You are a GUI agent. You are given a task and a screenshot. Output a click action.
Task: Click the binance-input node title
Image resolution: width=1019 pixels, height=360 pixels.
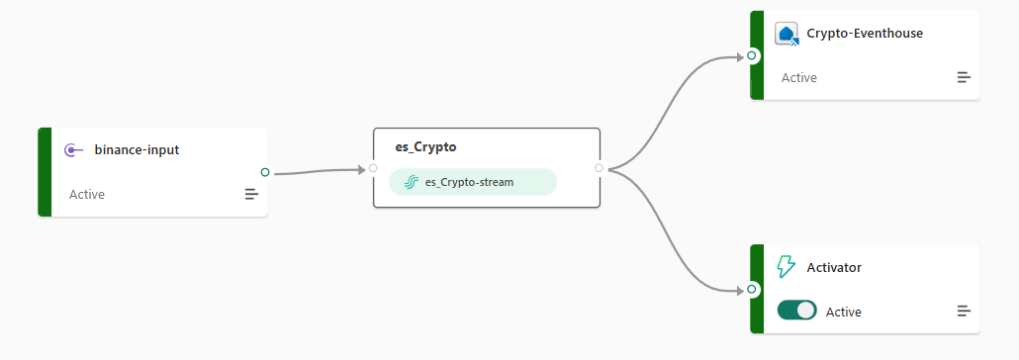pyautogui.click(x=138, y=150)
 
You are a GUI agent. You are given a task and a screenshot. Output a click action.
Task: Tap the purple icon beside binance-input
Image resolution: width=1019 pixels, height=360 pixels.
pyautogui.click(x=74, y=150)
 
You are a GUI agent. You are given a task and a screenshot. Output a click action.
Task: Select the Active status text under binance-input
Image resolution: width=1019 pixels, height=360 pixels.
pyautogui.click(x=87, y=194)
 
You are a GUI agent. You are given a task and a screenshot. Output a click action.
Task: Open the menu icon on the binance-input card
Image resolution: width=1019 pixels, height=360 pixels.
pyautogui.click(x=251, y=194)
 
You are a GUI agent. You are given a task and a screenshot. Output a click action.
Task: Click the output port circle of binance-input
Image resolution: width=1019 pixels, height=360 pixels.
pyautogui.click(x=264, y=172)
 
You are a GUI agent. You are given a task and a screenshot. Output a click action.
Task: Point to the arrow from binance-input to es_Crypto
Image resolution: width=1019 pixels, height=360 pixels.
pyautogui.click(x=318, y=171)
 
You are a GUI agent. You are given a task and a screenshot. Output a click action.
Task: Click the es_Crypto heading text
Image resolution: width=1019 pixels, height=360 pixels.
pyautogui.click(x=425, y=147)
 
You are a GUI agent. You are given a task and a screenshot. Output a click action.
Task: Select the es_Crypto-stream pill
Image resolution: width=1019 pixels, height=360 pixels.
pyautogui.click(x=473, y=182)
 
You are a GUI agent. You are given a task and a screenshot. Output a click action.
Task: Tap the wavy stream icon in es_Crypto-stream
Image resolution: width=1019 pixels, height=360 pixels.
pyautogui.click(x=411, y=182)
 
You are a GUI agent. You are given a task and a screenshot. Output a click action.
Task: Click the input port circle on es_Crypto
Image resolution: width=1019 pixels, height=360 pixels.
pyautogui.click(x=373, y=168)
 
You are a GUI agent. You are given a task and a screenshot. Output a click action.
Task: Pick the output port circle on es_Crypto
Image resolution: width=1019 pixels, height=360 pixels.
pyautogui.click(x=599, y=168)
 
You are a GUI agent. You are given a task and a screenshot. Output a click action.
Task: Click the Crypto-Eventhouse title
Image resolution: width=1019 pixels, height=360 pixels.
pyautogui.click(x=865, y=34)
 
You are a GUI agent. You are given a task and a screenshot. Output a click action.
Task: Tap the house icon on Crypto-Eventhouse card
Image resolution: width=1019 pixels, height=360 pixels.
pyautogui.click(x=787, y=34)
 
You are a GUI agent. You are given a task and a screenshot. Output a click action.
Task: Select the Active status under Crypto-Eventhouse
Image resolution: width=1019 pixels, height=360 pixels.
pyautogui.click(x=798, y=78)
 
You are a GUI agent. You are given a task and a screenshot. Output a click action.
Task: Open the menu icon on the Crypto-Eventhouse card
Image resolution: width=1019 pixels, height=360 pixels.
pyautogui.click(x=964, y=77)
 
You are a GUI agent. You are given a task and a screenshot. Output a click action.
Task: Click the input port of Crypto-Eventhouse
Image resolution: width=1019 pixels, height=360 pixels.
pyautogui.click(x=752, y=56)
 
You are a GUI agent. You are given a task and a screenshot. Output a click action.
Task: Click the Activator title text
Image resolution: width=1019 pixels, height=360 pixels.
pyautogui.click(x=834, y=268)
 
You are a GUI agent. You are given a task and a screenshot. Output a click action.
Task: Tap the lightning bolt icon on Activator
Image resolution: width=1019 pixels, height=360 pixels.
pyautogui.click(x=787, y=267)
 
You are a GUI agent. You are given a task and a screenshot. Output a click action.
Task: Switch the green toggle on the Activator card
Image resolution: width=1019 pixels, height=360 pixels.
pyautogui.click(x=796, y=310)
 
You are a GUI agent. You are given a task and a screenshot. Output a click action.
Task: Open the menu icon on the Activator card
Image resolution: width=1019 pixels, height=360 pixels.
pyautogui.click(x=964, y=312)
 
